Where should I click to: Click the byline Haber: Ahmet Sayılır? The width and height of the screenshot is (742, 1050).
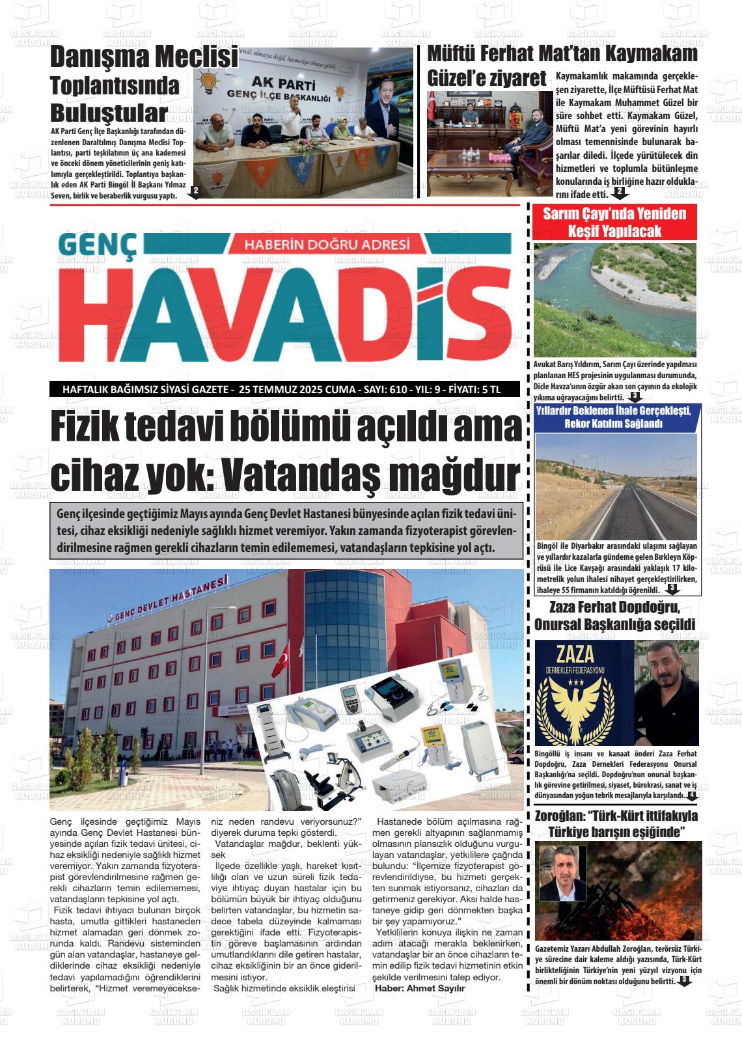(420, 988)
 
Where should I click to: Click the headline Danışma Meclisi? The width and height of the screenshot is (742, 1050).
(144, 57)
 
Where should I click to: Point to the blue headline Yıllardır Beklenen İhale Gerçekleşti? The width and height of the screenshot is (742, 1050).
(614, 417)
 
